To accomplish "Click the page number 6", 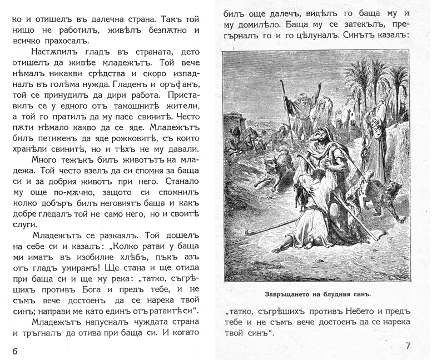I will click(x=14, y=349).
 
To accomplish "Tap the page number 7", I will click(x=408, y=346).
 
